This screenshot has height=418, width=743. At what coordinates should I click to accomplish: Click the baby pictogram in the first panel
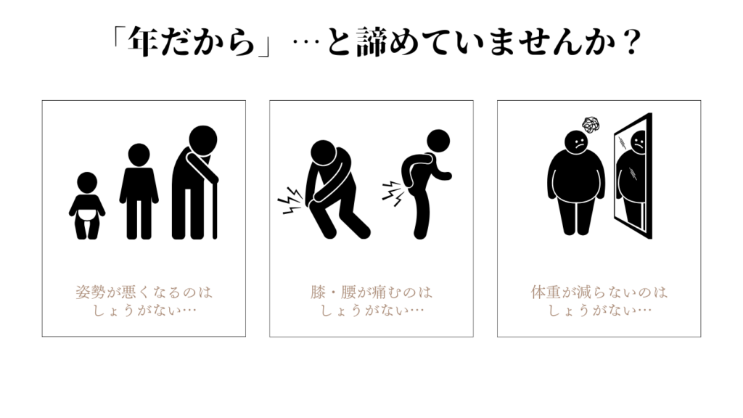pyautogui.click(x=87, y=205)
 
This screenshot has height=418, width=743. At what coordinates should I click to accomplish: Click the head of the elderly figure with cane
pyautogui.click(x=203, y=140)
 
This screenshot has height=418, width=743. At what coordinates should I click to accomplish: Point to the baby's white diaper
pyautogui.click(x=87, y=214)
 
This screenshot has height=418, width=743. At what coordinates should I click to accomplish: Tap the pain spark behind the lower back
pyautogui.click(x=393, y=193)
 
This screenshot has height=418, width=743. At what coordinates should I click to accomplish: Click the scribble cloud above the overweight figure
pyautogui.click(x=591, y=125)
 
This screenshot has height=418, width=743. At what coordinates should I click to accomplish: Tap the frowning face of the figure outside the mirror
pyautogui.click(x=576, y=143)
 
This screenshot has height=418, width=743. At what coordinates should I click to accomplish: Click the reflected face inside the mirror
pyautogui.click(x=639, y=142)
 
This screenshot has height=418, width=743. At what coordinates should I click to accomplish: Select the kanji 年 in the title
pyautogui.click(x=144, y=41)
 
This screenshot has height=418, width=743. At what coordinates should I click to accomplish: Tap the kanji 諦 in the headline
pyautogui.click(x=372, y=41)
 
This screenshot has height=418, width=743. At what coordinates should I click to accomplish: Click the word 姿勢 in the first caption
pyautogui.click(x=91, y=292)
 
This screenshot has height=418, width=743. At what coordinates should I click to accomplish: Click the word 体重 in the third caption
pyautogui.click(x=546, y=292)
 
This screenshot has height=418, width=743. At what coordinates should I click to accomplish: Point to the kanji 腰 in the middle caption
pyautogui.click(x=348, y=292)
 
